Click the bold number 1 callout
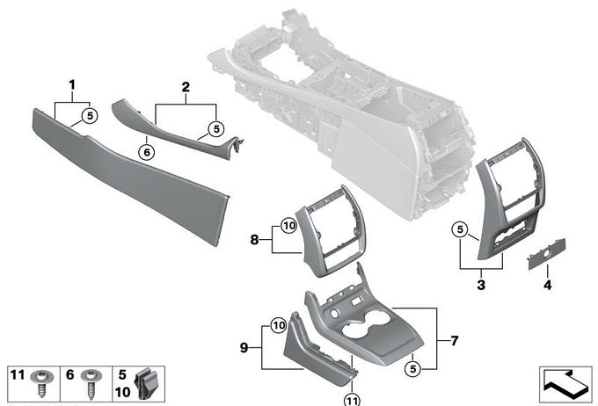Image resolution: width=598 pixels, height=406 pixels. tap(72, 85)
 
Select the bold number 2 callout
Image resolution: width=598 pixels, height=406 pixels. tap(186, 87)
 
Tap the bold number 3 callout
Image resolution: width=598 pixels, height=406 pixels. tap(481, 285)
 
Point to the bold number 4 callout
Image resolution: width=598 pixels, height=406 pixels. tap(547, 285)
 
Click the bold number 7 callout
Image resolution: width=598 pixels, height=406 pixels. tap(455, 340)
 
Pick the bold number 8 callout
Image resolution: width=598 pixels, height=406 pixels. tap(254, 240)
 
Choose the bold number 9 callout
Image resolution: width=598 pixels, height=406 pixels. tap(244, 348)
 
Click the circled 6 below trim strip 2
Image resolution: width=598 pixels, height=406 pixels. tap(147, 153)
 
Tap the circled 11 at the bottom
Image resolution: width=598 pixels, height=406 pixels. tap(352, 400)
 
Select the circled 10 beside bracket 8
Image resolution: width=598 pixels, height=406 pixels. tap(288, 226)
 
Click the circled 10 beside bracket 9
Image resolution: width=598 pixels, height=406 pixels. tap(279, 325)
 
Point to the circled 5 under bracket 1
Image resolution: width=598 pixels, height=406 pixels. tap(90, 115)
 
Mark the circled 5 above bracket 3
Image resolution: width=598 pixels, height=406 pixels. tap(460, 229)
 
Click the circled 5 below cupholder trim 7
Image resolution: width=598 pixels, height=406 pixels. tap(413, 369)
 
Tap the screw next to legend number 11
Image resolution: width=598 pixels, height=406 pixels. tap(41, 383)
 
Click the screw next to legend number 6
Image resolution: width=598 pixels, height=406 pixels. tap(91, 384)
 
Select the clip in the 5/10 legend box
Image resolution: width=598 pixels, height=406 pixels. tap(145, 383)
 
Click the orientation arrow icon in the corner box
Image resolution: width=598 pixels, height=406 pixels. tap(565, 384)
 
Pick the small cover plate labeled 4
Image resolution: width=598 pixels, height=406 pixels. tap(546, 253)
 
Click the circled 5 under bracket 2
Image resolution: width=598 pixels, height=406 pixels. tap(216, 129)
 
